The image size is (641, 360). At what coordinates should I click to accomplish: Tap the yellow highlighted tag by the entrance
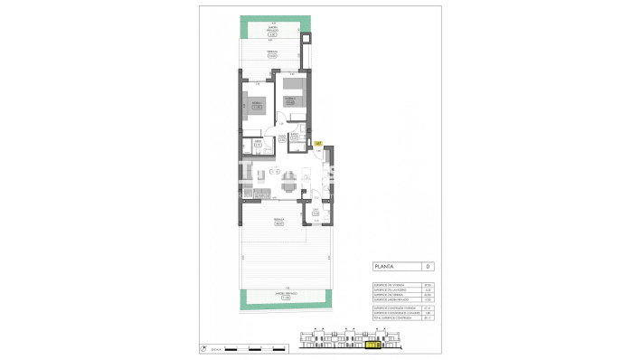pos(317,143)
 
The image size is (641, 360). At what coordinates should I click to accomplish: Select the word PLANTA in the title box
pos(387,267)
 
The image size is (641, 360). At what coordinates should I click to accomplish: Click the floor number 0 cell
pos(429,267)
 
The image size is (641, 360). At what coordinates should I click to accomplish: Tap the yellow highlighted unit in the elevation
pos(372,345)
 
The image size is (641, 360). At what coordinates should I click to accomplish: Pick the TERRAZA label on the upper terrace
pos(272,55)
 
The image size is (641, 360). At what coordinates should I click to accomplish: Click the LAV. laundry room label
pos(316,213)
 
